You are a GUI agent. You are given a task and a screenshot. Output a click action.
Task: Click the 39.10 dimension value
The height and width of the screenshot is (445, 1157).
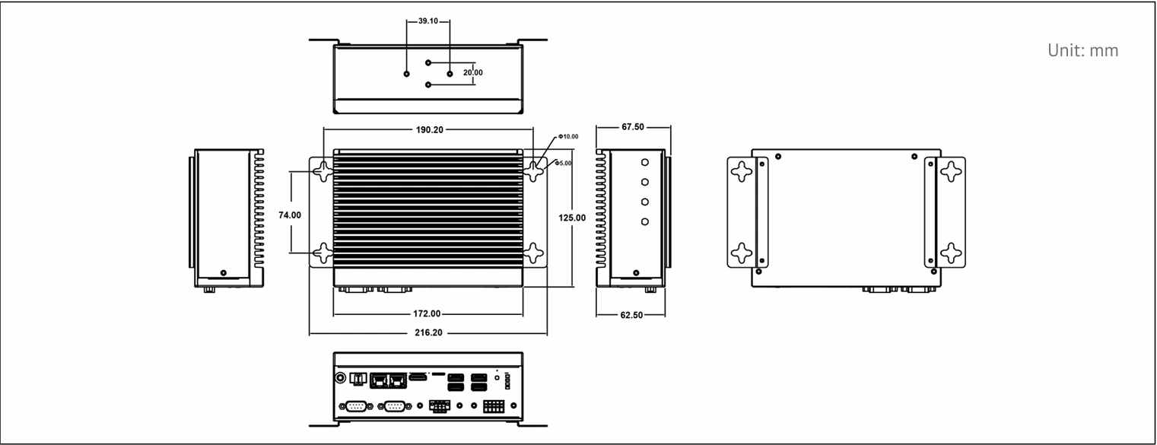(428, 21)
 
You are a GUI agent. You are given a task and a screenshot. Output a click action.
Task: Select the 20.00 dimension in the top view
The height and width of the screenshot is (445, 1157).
(472, 73)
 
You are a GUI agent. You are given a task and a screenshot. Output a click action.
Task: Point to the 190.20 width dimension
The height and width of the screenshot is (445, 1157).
(430, 129)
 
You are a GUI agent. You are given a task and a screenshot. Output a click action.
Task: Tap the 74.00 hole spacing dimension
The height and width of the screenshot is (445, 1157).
(290, 215)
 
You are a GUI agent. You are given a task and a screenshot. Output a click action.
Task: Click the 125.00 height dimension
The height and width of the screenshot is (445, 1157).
(572, 218)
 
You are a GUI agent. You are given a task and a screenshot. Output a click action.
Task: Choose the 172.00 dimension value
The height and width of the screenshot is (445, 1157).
(427, 314)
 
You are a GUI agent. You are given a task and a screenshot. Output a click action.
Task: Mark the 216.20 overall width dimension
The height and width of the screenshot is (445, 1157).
(428, 333)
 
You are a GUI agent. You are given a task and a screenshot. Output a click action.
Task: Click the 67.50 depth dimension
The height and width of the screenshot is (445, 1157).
(633, 127)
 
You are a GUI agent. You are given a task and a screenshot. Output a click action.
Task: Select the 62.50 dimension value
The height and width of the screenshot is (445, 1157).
(631, 315)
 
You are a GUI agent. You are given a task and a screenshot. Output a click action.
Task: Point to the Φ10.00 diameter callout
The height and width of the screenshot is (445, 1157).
(568, 137)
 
